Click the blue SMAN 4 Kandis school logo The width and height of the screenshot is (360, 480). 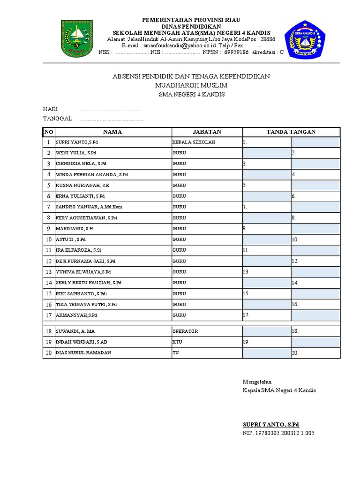click(305, 38)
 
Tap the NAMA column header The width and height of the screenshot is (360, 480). click(112, 132)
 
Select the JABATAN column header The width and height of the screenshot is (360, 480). click(206, 132)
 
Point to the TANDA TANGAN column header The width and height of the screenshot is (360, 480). click(291, 132)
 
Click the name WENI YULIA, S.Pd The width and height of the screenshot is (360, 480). click(76, 153)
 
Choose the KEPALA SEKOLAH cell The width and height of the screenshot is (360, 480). click(194, 142)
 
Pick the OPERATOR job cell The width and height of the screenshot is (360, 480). click(185, 331)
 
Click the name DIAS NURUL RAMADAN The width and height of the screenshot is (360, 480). click(83, 353)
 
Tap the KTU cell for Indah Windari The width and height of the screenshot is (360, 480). click(177, 342)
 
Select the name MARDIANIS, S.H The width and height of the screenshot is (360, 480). click(75, 229)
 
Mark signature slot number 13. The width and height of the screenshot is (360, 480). click(247, 272)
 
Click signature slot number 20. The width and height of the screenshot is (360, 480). click(295, 353)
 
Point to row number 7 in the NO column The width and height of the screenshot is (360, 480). click(48, 207)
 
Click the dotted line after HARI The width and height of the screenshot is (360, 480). click(111, 110)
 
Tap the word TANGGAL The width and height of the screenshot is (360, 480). click(57, 119)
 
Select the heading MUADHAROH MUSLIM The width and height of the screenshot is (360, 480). click(191, 85)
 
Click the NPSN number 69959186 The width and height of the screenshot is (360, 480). click(237, 52)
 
